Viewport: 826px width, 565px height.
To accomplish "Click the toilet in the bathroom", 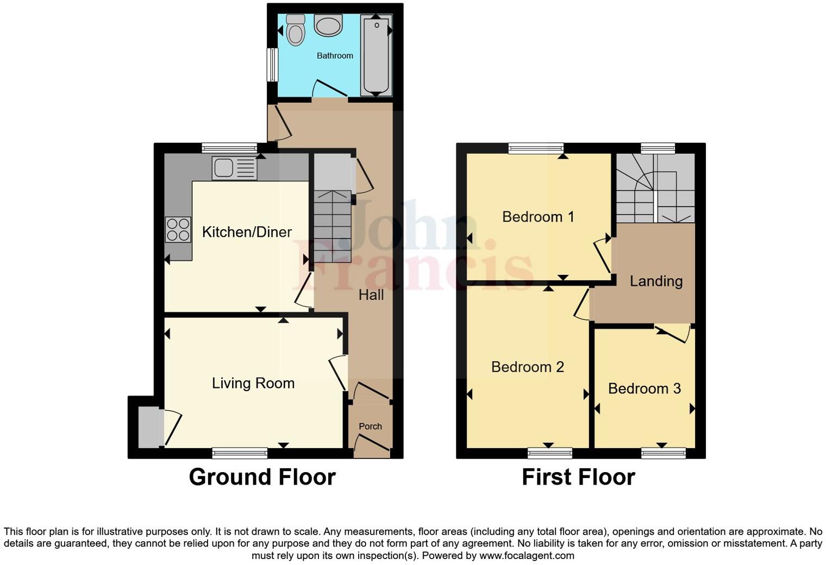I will (296, 30).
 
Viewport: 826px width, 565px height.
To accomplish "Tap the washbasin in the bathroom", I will (328, 25).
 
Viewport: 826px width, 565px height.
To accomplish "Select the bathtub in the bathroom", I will (376, 55).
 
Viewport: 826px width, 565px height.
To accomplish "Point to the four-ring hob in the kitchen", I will (178, 229).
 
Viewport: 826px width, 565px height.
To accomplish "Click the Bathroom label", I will (335, 55).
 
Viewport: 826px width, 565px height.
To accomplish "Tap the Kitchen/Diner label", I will (247, 232).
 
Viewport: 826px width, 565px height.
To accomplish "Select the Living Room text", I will (253, 383).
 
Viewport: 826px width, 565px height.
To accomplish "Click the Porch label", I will (370, 426).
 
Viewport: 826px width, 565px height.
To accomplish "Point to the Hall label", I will (371, 295).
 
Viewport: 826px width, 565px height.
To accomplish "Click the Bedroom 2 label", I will (528, 367).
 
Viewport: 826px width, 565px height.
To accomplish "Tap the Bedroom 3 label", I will (644, 388).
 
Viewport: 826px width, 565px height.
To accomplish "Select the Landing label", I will (656, 281).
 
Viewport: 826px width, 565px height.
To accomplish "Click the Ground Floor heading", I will (262, 477).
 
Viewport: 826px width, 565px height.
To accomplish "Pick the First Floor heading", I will (578, 477).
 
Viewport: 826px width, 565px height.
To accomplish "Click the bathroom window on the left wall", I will (272, 66).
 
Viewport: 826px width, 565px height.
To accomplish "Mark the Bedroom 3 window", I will (663, 453).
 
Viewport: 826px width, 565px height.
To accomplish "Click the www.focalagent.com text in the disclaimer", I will (526, 556).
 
